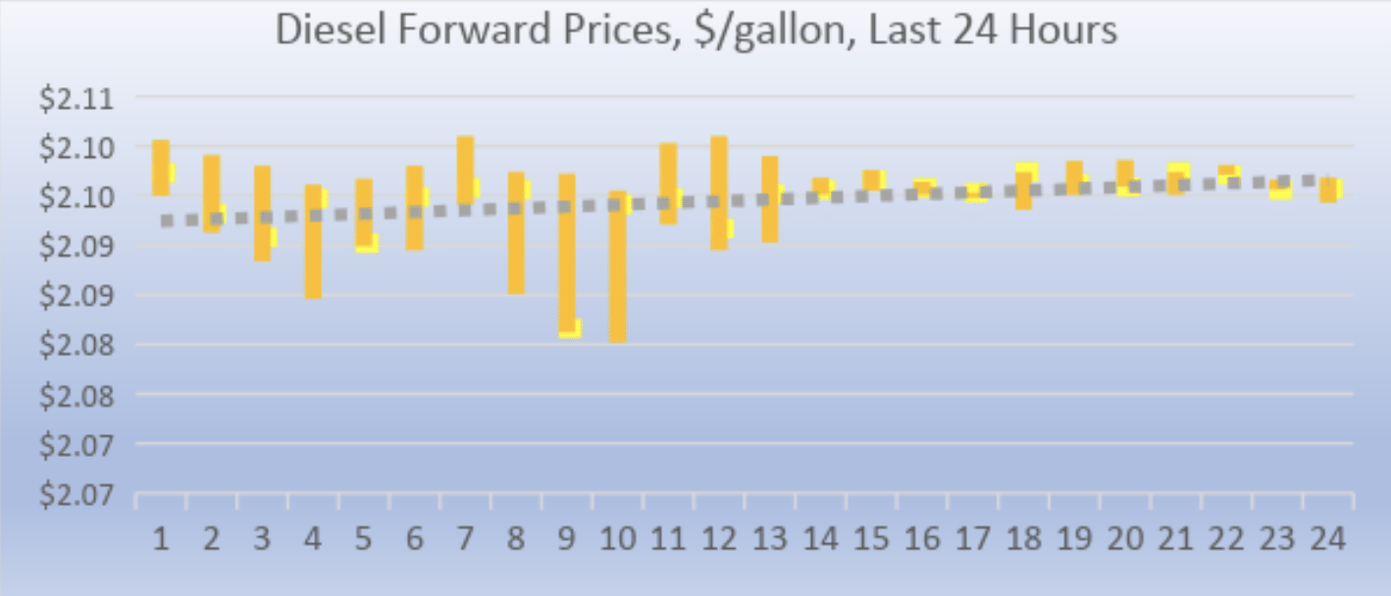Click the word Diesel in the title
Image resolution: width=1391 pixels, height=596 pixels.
pos(324,30)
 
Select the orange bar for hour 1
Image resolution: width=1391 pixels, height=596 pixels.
pos(161,168)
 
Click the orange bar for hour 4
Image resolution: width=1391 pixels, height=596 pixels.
pos(313,241)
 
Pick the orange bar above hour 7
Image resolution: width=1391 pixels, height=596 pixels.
pos(465,170)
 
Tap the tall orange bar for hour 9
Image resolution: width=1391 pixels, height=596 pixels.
pos(567,253)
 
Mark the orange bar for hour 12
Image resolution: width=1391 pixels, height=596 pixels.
pos(719,192)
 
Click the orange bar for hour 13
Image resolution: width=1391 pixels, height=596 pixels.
pos(770,199)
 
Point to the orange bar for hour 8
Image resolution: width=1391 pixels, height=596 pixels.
pos(516,232)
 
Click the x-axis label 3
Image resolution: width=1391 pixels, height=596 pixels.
pos(262,540)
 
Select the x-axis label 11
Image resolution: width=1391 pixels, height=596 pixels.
pos(667,540)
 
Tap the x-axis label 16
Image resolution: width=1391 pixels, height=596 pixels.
pos(922,540)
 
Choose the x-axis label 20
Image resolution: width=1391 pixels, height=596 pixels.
pos(1125,540)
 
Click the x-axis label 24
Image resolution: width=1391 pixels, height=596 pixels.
pos(1328,540)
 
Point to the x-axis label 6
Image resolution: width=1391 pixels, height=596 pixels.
pos(414,540)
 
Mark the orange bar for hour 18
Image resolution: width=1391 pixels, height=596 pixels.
pos(1023,190)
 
